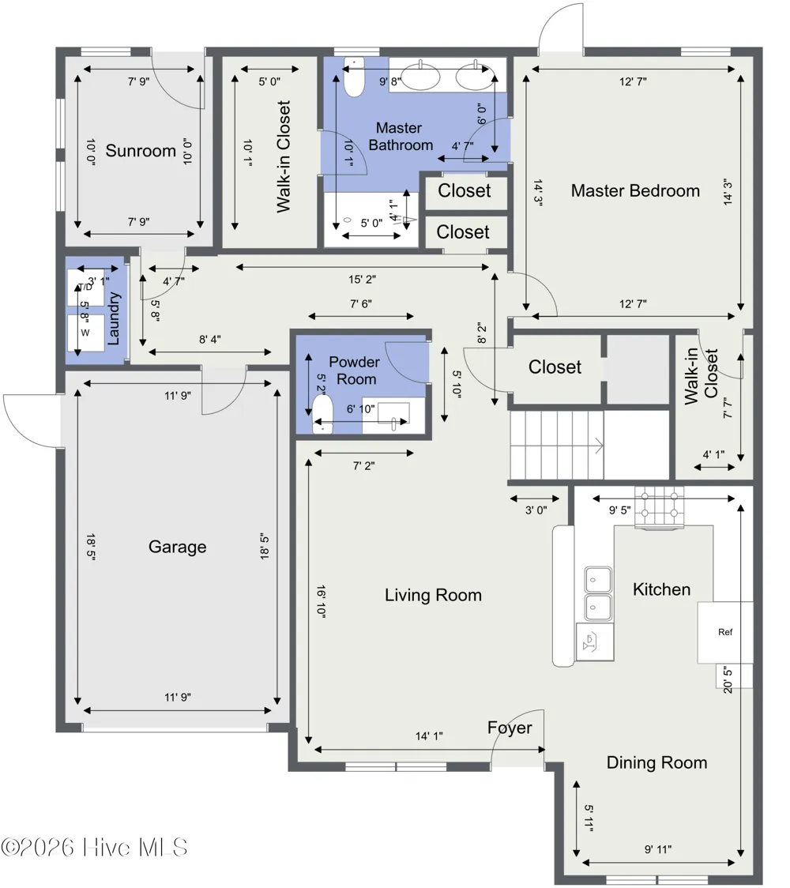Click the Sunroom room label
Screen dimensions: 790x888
coord(141,151)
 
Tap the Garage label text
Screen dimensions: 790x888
coord(177,547)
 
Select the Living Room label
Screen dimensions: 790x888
coord(433,595)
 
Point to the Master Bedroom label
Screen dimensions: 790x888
coord(635,191)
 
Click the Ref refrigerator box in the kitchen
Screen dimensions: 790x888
coord(724,632)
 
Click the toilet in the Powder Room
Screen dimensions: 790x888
coord(323,414)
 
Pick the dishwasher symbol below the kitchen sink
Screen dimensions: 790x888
coord(595,642)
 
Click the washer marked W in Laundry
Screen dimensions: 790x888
coord(85,333)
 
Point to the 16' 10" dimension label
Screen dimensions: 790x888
coord(321,601)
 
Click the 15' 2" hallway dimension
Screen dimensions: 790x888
coord(362,279)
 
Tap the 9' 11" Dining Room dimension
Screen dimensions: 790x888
coord(658,849)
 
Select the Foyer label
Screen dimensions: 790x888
coord(510,728)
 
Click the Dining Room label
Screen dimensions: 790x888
coord(657,763)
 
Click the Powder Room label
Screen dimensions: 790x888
coord(355,371)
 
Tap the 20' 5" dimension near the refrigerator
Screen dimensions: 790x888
coord(728,679)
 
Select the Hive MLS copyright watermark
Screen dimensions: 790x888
coord(94,848)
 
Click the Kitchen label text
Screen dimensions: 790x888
coord(661,589)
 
